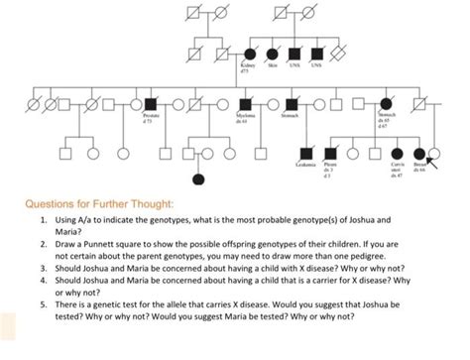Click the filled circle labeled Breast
(x=420, y=154)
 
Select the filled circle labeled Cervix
(x=398, y=154)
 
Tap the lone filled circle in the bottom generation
(x=198, y=180)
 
